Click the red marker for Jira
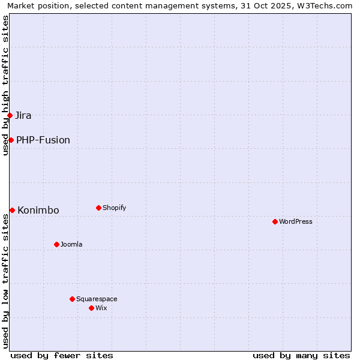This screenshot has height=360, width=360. pos(10,115)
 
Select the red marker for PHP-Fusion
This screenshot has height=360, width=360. pos(11,140)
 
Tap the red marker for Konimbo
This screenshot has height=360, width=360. pos(12,210)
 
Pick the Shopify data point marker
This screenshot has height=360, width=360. pos(98,208)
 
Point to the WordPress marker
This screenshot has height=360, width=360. pos(275,221)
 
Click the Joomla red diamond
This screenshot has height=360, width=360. pos(56,244)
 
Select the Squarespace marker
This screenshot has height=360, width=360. pos(72,299)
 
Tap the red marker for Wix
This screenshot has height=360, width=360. pos(91,308)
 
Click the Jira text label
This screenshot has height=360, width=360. pos(23,115)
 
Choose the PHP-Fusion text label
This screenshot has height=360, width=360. pos(43,140)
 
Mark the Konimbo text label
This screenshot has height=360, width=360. pos(38,210)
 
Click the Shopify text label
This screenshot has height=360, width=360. pos(114,208)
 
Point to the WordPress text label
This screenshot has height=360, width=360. pos(295,221)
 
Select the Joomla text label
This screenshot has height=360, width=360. pos(71,244)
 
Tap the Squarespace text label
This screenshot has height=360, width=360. pos(97,299)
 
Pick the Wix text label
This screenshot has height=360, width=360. pos(101,308)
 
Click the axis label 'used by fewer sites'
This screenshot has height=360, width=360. pos(62,355)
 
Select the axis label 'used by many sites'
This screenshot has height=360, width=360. pos(301,355)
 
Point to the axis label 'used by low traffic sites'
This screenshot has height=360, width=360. pos(6,282)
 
